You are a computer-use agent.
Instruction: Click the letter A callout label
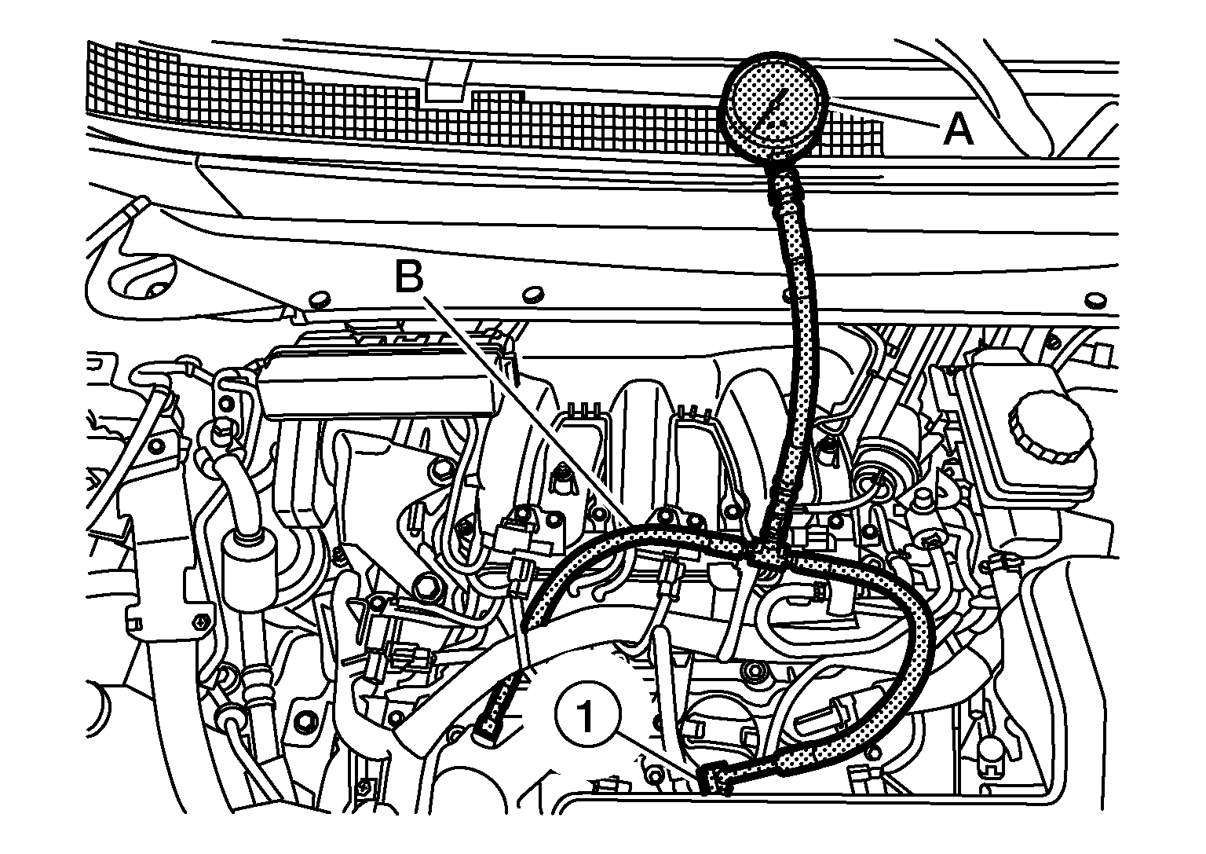pyautogui.click(x=958, y=129)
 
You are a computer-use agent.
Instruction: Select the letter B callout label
pyautogui.click(x=409, y=277)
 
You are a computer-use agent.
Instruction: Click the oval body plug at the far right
pyautogui.click(x=1095, y=301)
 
